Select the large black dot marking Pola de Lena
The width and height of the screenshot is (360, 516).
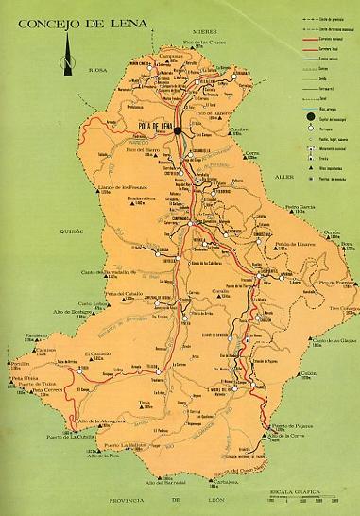click(177, 132)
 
